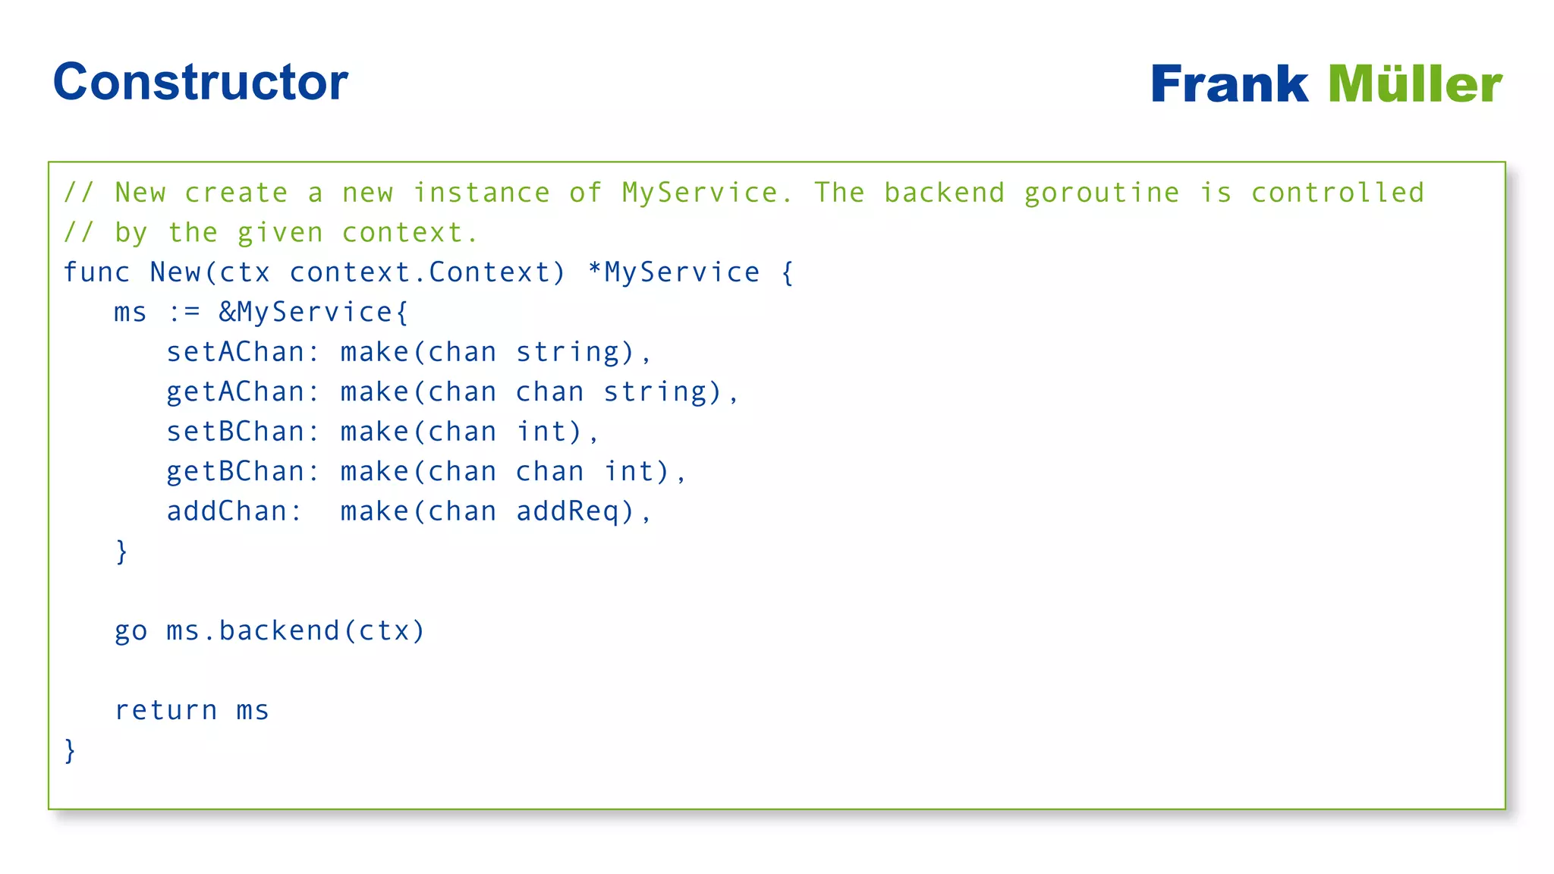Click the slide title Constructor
coord(200,82)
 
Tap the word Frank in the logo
coord(1229,84)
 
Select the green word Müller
coord(1415,84)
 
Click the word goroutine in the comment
coord(1102,194)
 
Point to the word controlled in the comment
coord(1338,193)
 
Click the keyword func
coord(96,272)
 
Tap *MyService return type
coord(674,272)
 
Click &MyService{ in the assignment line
coord(314,313)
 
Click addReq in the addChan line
coord(574,511)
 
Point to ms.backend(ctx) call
coord(295,631)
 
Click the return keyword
coord(166,711)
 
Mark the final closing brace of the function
coord(70,750)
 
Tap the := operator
coord(184,313)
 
